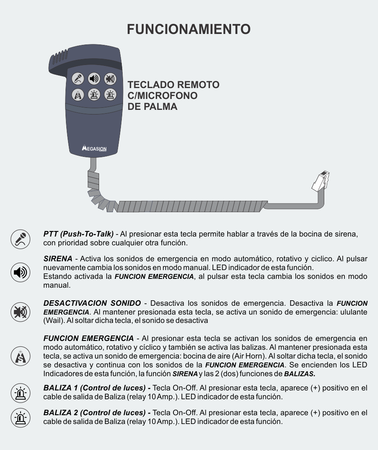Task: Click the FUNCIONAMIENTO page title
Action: click(x=189, y=29)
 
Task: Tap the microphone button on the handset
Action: click(x=78, y=79)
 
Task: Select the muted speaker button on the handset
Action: click(x=110, y=79)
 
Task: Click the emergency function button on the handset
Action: click(x=78, y=95)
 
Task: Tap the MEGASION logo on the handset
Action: click(x=94, y=148)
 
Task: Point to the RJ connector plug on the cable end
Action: click(x=320, y=181)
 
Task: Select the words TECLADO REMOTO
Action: click(x=173, y=85)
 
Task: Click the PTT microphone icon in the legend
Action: click(x=21, y=239)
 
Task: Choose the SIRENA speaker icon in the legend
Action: click(x=21, y=272)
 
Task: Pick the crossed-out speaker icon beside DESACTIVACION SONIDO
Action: click(x=21, y=312)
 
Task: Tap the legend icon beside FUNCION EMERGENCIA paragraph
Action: click(x=21, y=356)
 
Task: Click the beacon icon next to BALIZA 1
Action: click(x=21, y=393)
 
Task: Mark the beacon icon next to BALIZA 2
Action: click(x=21, y=418)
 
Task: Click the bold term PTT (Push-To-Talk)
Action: click(x=79, y=234)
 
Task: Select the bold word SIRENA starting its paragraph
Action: click(x=58, y=259)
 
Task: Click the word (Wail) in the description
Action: click(x=53, y=320)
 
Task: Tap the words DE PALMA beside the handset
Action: click(x=152, y=107)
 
